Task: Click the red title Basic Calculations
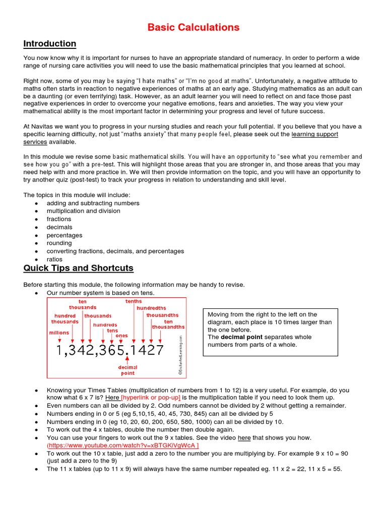point(193,27)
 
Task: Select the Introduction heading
point(50,44)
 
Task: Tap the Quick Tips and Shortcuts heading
point(79,268)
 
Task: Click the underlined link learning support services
point(315,135)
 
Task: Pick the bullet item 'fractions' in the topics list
point(59,219)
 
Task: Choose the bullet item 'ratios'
point(54,260)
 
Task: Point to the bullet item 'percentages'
point(64,235)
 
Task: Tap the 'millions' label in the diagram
point(59,333)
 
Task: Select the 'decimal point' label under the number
point(128,370)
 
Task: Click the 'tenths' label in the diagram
point(134,301)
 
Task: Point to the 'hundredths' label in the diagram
point(151,308)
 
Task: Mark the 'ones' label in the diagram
point(121,336)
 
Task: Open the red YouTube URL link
point(122,446)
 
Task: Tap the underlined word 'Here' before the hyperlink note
point(112,398)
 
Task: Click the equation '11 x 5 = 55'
point(322,469)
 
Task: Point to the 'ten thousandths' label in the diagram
point(168,325)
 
